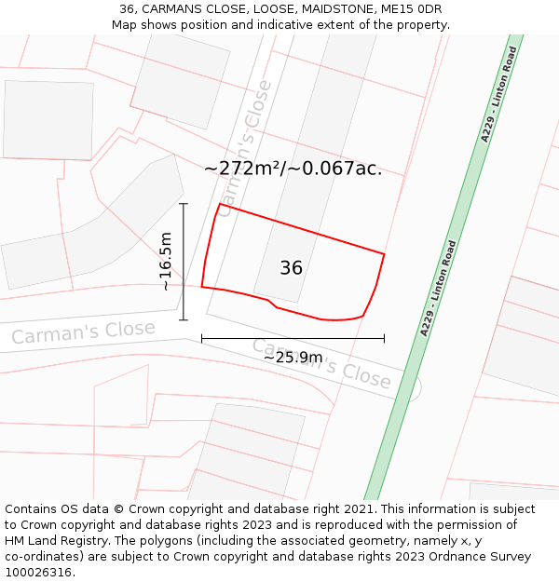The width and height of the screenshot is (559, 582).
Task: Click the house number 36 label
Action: (x=291, y=268)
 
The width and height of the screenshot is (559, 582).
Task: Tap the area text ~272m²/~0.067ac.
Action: (x=293, y=169)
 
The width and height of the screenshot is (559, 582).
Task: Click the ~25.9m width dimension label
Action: (x=293, y=357)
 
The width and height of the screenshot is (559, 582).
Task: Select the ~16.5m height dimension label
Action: (x=167, y=262)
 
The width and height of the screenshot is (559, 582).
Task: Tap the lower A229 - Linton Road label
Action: (x=439, y=288)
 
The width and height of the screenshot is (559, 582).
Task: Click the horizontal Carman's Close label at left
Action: (x=83, y=332)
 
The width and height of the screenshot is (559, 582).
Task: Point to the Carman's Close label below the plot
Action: (x=321, y=363)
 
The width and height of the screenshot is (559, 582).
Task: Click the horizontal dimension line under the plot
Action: (x=242, y=338)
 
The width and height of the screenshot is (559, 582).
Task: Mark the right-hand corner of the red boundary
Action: (x=384, y=253)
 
